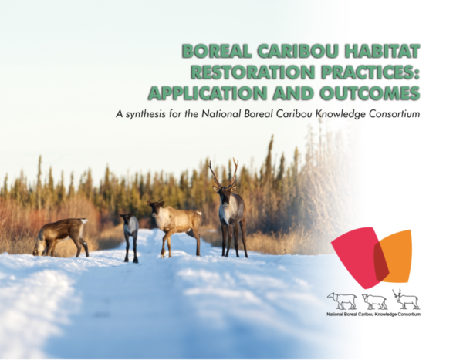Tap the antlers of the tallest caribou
tap(224, 173)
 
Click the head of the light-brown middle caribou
tap(157, 207)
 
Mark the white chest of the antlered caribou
tap(227, 212)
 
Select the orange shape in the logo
tap(397, 254)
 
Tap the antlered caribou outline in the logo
tap(404, 299)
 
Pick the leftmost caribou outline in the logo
tap(342, 300)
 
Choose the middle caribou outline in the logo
tap(374, 300)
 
